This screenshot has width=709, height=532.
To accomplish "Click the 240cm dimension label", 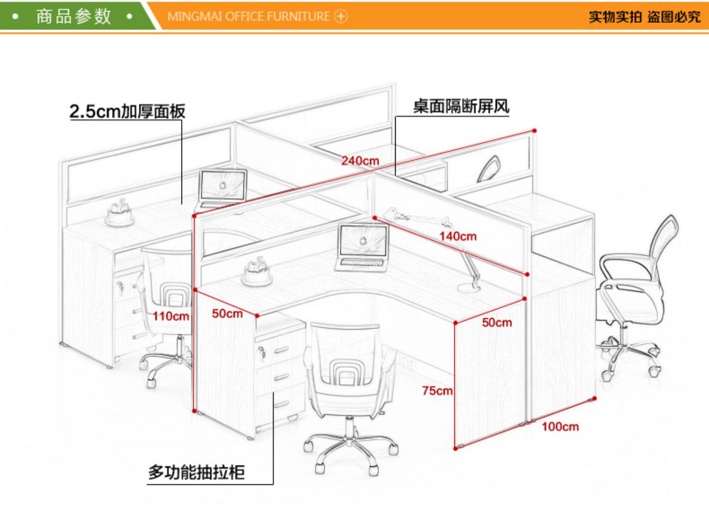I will click(360, 161).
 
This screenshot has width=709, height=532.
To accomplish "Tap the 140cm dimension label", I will click(458, 236).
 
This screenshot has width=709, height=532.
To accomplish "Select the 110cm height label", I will click(171, 316).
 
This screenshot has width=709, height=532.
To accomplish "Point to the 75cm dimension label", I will click(437, 391).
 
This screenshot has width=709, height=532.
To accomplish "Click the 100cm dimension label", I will click(560, 427).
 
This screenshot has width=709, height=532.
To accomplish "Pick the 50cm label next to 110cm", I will click(227, 314).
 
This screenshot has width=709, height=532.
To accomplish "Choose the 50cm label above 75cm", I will click(497, 323).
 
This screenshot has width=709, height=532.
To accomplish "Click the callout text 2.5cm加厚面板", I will click(127, 111).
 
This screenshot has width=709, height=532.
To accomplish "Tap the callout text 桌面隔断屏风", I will click(461, 106).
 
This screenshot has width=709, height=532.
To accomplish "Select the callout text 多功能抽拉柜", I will click(197, 472).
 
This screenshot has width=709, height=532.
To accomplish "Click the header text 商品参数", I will click(73, 16).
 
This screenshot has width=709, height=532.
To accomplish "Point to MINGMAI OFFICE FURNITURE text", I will click(249, 17).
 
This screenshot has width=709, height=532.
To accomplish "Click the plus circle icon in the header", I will click(341, 17).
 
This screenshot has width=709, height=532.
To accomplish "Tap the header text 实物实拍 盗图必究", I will click(644, 17).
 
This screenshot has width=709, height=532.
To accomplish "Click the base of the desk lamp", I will click(469, 287).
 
